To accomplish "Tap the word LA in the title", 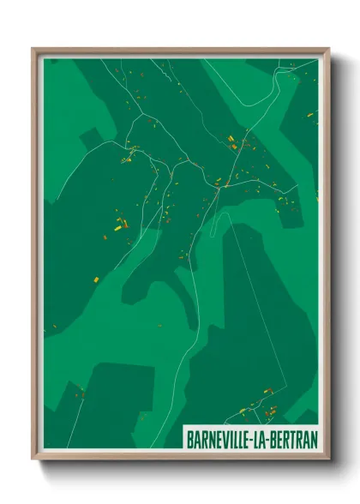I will click(x=267, y=438).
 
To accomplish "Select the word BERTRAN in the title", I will click(x=295, y=438).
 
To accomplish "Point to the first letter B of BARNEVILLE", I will click(x=190, y=438).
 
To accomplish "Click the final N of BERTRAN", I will click(x=313, y=438).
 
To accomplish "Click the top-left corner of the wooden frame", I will click(x=33, y=49).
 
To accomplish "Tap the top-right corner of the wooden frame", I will click(x=328, y=49).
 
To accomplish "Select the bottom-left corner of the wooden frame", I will click(x=33, y=458).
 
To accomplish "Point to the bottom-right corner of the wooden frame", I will click(x=328, y=458).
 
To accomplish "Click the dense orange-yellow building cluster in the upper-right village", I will click(x=231, y=142).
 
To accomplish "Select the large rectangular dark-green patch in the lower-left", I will click(x=120, y=394).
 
